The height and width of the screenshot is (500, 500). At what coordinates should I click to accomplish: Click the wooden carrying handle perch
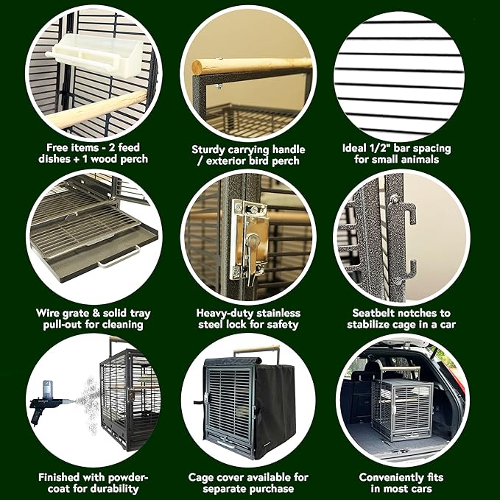coord(250,66)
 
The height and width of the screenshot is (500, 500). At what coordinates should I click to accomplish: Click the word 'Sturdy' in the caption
coord(208,149)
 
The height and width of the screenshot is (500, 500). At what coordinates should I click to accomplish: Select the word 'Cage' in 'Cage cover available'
coord(203,477)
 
